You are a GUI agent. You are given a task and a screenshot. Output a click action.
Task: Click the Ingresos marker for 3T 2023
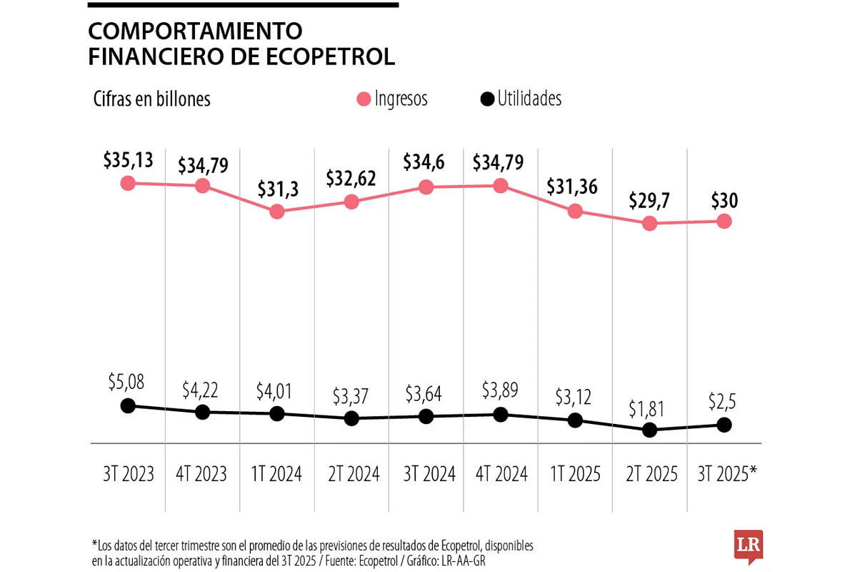click(128, 183)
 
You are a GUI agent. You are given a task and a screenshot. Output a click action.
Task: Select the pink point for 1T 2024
click(277, 212)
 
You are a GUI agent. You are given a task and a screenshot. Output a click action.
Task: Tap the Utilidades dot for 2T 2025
click(649, 430)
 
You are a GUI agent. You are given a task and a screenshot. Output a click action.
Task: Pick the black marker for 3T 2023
click(128, 405)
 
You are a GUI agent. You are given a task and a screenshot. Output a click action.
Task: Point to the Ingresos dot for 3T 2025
click(723, 221)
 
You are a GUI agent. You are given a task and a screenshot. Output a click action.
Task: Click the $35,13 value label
click(128, 159)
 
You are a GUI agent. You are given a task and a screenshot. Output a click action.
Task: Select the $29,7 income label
click(649, 200)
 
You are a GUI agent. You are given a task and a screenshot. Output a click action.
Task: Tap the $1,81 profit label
click(649, 408)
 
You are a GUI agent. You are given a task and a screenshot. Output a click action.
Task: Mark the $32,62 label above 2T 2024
click(351, 178)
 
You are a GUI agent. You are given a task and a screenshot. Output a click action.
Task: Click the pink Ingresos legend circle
click(364, 99)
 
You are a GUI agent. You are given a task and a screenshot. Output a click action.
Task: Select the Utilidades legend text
click(529, 99)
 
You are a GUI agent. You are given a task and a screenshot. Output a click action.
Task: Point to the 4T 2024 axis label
click(500, 473)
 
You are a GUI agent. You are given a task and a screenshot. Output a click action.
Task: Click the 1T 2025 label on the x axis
click(574, 473)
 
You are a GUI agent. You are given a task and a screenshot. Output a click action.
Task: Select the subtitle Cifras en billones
click(151, 99)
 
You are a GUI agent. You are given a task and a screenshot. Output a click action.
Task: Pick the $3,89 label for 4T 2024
click(500, 391)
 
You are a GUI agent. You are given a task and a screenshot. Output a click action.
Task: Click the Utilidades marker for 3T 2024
click(426, 416)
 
